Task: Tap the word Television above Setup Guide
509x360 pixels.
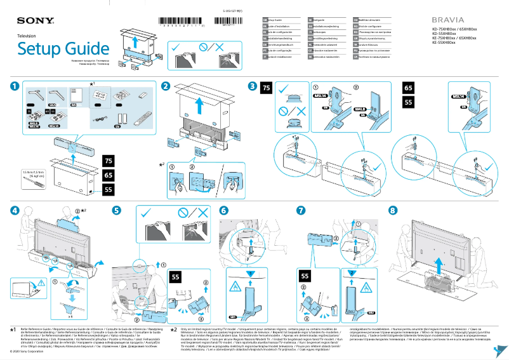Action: pyautogui.click(x=27, y=37)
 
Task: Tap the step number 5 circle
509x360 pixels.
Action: pyautogui.click(x=116, y=210)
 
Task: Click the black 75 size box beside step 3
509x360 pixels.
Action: pyautogui.click(x=267, y=88)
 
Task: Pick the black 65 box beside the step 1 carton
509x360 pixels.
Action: pyautogui.click(x=108, y=175)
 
